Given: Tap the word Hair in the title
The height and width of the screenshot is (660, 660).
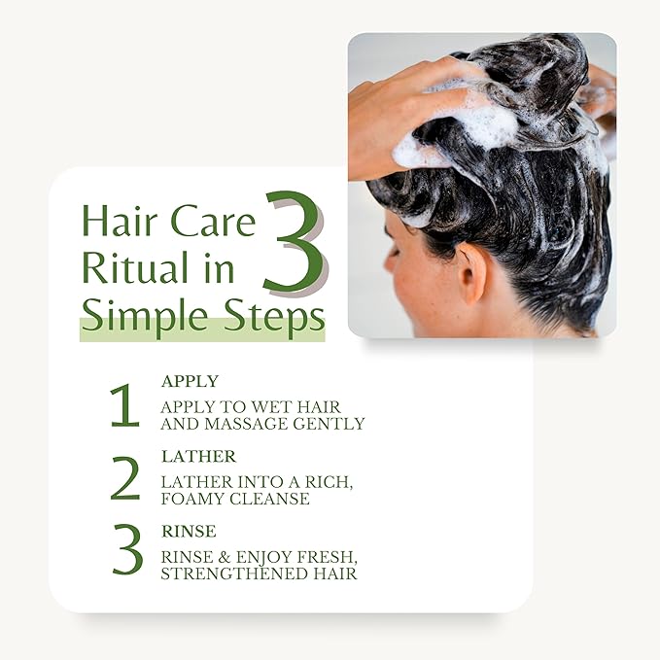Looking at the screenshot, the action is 120,222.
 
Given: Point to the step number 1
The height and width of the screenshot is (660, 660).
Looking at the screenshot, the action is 125,405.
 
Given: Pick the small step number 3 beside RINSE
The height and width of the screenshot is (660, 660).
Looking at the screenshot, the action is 127,549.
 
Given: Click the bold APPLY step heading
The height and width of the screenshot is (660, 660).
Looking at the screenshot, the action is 190,381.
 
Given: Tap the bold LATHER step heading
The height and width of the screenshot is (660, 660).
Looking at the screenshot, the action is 198,457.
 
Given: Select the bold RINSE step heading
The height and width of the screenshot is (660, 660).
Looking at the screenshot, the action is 189,532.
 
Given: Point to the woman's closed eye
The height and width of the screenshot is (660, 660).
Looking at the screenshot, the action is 395,253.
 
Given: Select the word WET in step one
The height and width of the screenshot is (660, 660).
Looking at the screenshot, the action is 268,407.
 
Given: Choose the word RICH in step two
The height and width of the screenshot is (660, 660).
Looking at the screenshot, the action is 328,482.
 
